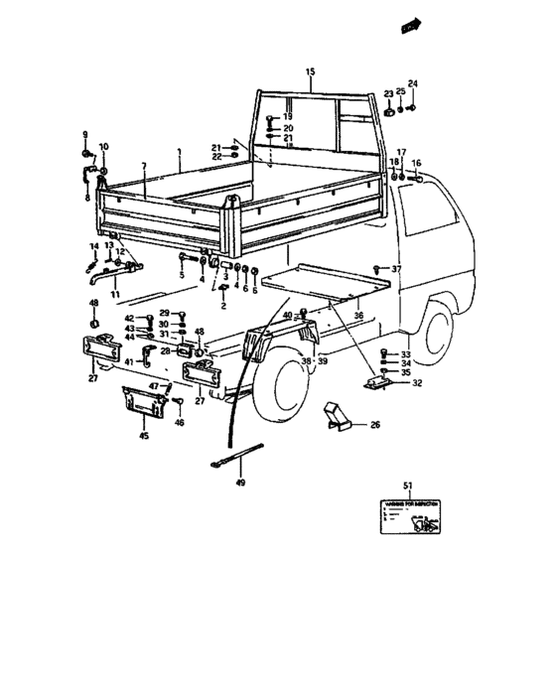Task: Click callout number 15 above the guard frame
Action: coord(309,71)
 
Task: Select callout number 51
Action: coord(407,486)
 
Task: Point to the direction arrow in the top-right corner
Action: coord(407,29)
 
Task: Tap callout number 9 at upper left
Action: coord(84,134)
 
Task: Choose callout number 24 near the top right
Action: coord(413,83)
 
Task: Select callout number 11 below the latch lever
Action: coord(114,295)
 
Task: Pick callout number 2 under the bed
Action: coord(223,306)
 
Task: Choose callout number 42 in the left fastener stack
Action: coord(129,318)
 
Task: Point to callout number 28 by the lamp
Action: coord(166,350)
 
